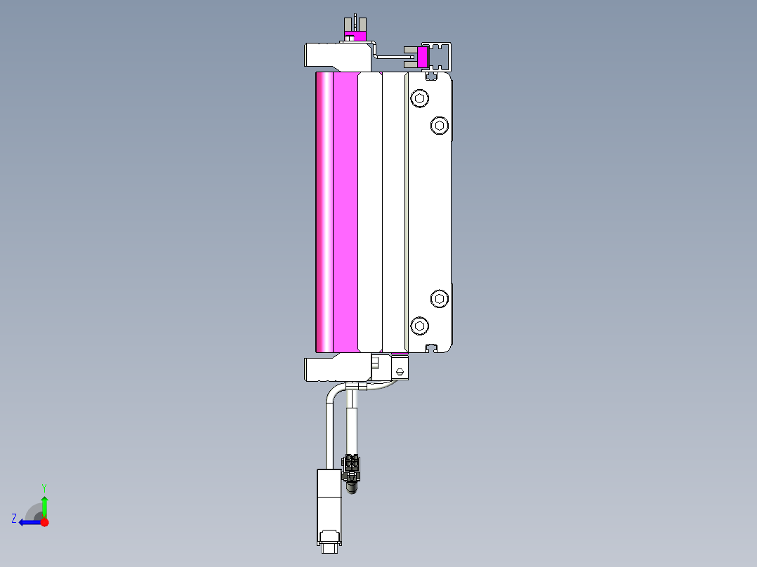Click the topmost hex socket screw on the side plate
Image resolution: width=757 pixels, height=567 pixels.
pos(419,98)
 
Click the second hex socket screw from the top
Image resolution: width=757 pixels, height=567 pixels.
pos(440,126)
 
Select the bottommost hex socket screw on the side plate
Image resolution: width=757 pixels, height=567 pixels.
pos(419,325)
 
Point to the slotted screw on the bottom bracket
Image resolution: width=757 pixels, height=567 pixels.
pos(400,371)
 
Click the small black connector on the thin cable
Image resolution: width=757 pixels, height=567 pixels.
pos(351,464)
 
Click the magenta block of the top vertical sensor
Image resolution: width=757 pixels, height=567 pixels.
pos(357,36)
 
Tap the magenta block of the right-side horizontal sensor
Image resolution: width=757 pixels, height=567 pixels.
pos(423,57)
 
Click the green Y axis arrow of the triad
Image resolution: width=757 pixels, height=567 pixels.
pos(44,504)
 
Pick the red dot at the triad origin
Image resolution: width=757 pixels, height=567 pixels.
pos(44,522)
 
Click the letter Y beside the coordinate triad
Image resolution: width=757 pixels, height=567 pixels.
pos(44,487)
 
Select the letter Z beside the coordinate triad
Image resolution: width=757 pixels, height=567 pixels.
pos(13,519)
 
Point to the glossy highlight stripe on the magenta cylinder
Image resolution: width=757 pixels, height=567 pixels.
pos(327,211)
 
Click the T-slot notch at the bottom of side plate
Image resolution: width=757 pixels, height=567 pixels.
pos(433,347)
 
